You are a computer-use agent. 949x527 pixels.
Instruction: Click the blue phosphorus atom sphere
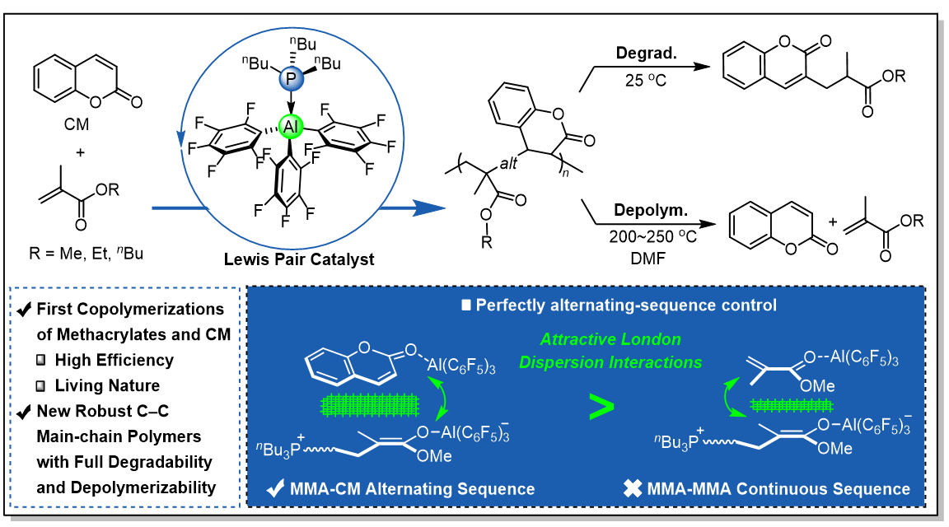[291, 79]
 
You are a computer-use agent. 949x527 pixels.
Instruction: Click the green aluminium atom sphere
[291, 127]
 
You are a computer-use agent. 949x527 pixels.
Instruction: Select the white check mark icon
[276, 489]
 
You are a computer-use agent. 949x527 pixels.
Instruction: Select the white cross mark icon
[632, 489]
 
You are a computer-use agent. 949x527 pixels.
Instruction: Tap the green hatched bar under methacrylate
[778, 404]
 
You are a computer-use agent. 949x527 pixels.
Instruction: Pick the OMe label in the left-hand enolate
[433, 457]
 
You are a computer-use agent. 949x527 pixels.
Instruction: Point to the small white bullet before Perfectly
[466, 305]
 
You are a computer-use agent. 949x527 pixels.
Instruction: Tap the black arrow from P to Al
[291, 103]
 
